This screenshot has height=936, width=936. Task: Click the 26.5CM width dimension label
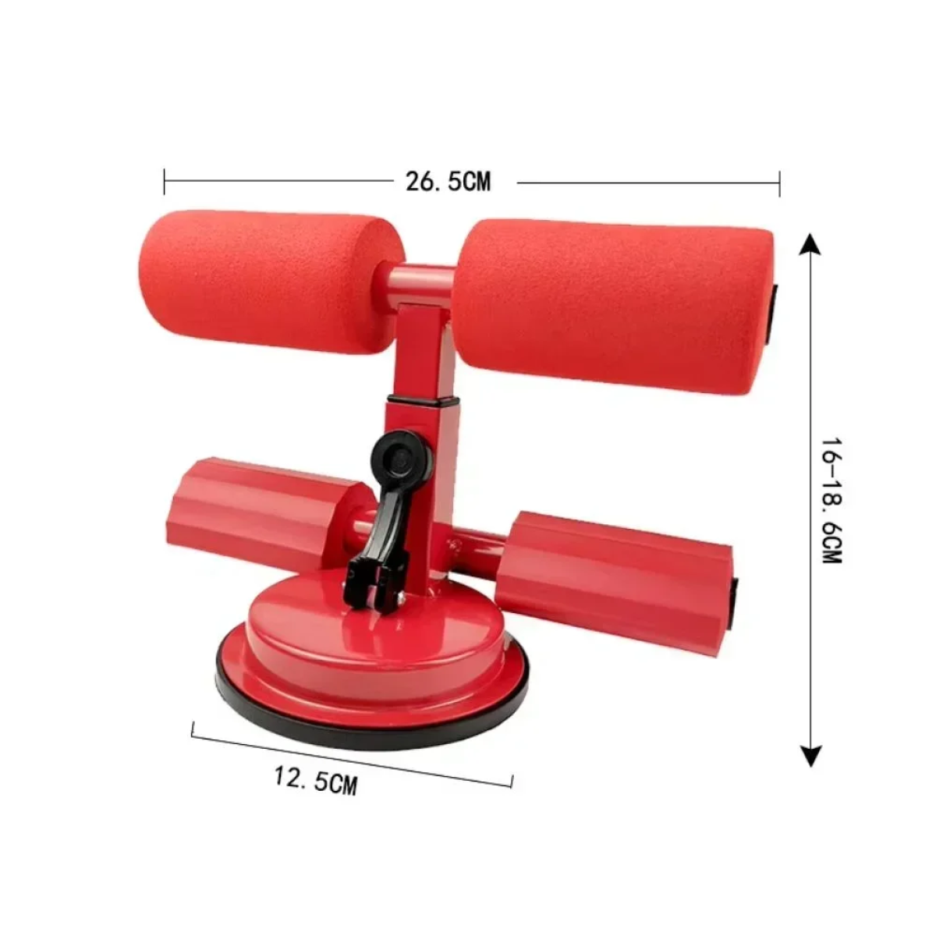[x=448, y=182]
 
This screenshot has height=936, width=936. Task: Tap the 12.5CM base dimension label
[x=316, y=780]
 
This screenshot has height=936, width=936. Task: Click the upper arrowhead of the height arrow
[x=810, y=244]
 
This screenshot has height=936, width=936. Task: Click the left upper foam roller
[x=272, y=282]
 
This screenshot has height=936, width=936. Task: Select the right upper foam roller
[x=612, y=306]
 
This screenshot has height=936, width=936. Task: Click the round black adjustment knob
[x=400, y=457]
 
